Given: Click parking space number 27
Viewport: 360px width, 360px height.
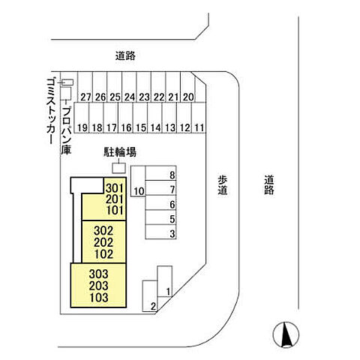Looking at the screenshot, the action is click(85, 87).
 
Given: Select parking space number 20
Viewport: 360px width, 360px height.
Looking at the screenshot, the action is click(187, 87).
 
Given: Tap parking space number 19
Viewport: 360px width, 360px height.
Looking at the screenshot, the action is click(82, 118).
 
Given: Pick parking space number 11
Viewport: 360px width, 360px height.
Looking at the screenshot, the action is click(199, 118).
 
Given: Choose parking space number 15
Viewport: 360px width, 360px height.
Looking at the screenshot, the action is click(140, 118).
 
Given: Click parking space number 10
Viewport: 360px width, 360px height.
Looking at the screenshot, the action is click(138, 181).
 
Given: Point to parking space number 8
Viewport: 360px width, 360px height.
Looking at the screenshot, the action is click(161, 173).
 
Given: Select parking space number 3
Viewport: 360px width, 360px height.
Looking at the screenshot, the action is click(161, 232).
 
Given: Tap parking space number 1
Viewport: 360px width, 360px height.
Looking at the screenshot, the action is click(165, 281).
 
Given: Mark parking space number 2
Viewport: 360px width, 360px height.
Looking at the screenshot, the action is click(150, 296).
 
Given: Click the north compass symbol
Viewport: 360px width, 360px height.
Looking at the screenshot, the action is click(286, 335).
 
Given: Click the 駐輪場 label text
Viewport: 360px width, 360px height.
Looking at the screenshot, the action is click(120, 152).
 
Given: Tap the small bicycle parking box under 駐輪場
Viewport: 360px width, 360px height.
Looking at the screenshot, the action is click(118, 168).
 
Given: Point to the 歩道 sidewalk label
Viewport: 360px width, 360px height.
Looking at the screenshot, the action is click(222, 185).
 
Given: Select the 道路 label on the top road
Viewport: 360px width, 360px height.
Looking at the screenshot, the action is click(125, 55).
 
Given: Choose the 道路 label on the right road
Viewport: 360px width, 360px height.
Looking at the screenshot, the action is click(269, 185).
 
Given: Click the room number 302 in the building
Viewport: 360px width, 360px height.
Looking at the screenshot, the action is click(103, 230).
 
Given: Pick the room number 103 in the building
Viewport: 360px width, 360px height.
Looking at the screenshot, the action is click(99, 298).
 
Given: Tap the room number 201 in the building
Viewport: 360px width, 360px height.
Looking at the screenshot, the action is click(115, 199).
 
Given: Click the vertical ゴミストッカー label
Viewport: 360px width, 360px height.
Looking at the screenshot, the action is click(51, 111).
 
